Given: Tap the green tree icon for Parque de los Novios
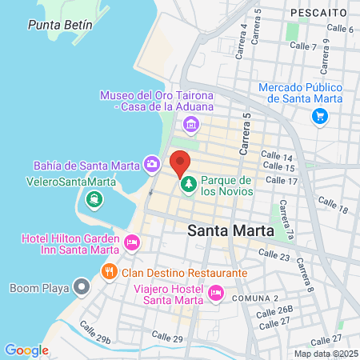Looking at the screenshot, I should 190,186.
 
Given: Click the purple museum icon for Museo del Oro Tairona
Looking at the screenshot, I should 190,124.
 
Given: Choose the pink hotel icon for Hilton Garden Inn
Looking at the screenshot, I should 132,241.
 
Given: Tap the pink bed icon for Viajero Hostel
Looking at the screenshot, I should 214,294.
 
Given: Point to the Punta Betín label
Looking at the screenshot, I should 60,25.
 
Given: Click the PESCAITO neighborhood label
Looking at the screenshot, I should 318,13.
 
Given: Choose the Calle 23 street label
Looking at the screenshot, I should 274,255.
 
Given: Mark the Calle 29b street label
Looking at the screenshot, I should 95,333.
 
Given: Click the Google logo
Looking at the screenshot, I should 26,350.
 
